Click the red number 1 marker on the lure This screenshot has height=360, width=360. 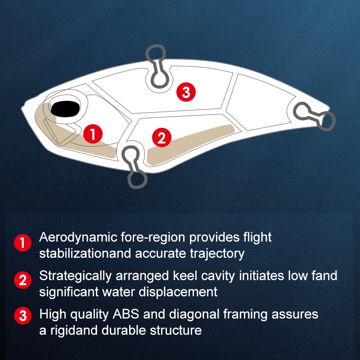click(x=93, y=134)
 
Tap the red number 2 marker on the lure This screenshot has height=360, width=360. click(x=162, y=138)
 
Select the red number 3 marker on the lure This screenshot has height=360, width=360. click(x=186, y=92)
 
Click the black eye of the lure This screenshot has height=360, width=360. click(x=65, y=108)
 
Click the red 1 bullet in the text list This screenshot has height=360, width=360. click(x=23, y=243)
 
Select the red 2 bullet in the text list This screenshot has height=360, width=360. click(x=23, y=280)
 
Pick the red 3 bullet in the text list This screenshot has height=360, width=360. click(x=23, y=315)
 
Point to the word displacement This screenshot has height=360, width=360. click(x=178, y=292)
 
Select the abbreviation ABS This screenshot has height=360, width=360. click(x=126, y=314)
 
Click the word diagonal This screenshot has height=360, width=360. click(x=194, y=315)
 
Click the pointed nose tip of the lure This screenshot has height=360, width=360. click(x=22, y=108)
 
